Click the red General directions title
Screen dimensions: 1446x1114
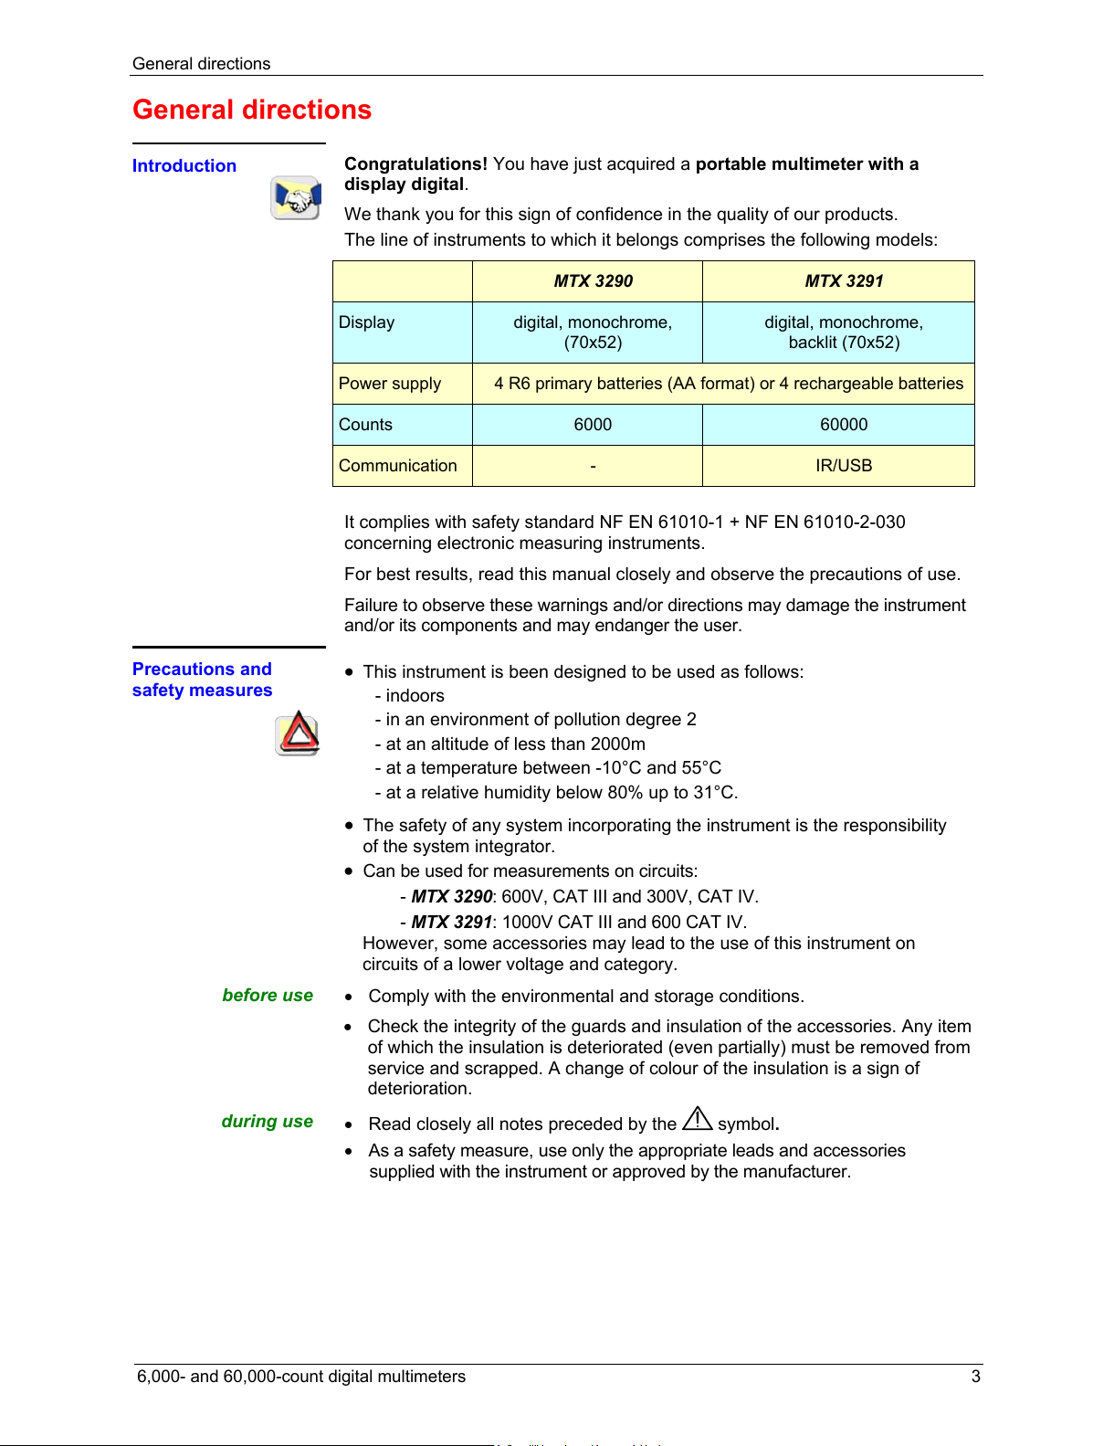(252, 110)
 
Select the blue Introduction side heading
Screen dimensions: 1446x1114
(184, 166)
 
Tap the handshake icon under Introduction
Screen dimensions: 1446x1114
(295, 198)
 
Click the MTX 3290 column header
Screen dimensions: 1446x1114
(593, 281)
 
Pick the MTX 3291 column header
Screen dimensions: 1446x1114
(844, 281)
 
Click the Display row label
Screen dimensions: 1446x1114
(367, 322)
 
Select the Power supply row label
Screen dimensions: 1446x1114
(390, 384)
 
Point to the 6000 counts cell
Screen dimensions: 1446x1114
(593, 425)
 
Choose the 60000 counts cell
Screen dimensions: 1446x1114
(844, 425)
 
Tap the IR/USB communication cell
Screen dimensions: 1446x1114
(844, 466)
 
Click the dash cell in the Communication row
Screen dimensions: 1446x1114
(593, 466)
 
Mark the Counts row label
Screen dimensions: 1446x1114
(365, 425)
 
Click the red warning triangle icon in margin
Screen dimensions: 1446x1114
(298, 734)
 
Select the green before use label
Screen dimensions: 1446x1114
(268, 996)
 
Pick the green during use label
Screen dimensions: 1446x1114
(268, 1122)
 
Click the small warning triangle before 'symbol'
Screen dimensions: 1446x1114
(697, 1119)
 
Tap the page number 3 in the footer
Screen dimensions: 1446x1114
(975, 1377)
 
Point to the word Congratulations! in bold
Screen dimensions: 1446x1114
(415, 164)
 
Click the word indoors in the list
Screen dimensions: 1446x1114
(415, 696)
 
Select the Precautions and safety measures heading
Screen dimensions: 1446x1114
(202, 680)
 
